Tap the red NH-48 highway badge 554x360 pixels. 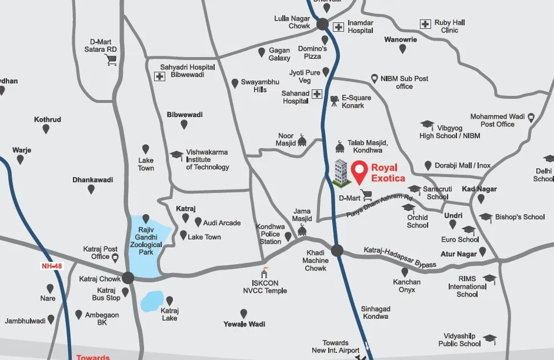(51, 266)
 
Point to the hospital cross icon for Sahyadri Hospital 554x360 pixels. (159, 76)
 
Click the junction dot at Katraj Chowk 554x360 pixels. (129, 279)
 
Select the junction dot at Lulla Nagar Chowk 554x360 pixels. (322, 25)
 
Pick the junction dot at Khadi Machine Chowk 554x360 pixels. (336, 251)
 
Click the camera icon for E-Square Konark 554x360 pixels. (334, 101)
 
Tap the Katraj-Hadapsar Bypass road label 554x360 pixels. (400, 258)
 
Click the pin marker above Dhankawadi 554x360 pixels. (91, 189)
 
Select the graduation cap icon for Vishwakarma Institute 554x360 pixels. (176, 155)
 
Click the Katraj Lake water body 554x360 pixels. (153, 301)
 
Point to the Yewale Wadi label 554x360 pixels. (244, 324)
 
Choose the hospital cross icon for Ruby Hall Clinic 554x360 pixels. (425, 24)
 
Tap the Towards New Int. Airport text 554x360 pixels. (335, 346)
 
